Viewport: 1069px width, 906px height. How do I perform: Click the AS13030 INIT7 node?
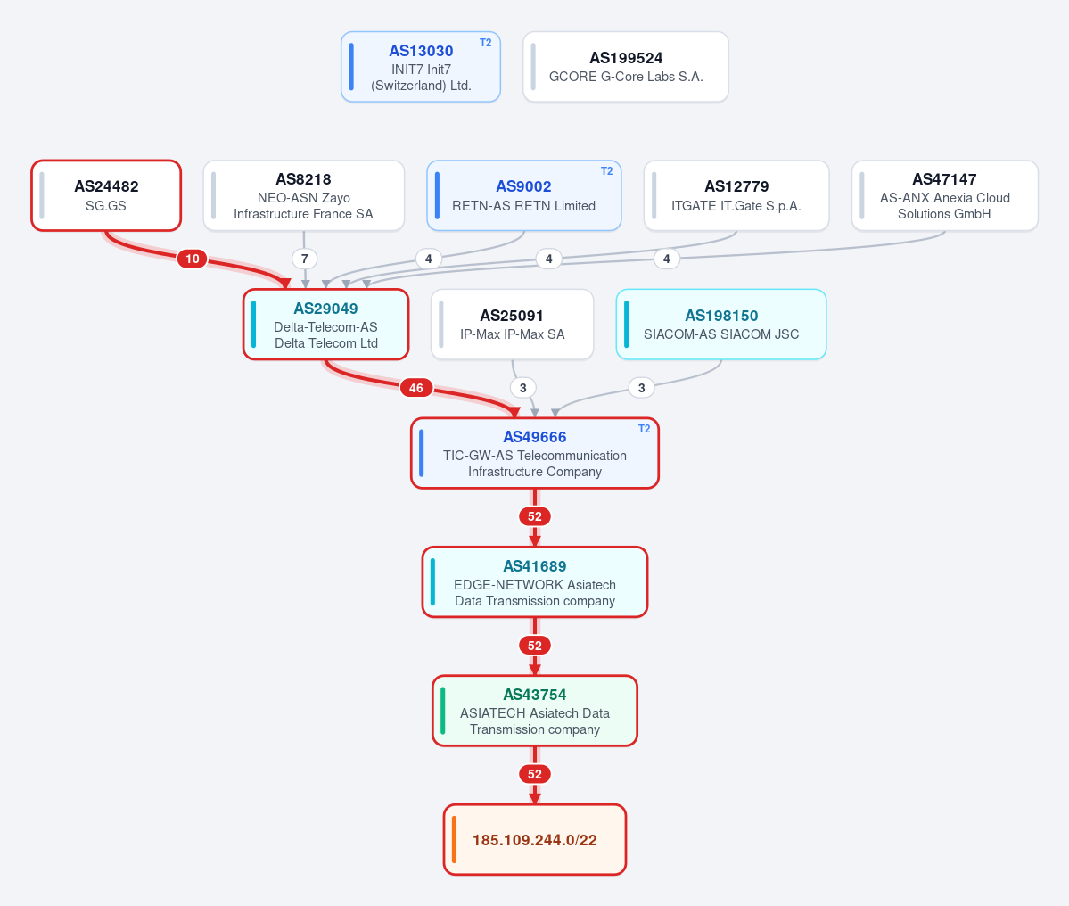coord(421,67)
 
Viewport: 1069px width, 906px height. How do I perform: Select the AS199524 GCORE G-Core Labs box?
coord(626,67)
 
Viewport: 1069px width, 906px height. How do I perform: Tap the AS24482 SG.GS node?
coord(106,195)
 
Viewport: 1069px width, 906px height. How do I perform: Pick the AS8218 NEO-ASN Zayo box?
coord(304,195)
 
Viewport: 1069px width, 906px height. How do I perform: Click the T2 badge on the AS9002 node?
coord(607,171)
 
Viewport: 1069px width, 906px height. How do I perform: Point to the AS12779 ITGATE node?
coord(736,195)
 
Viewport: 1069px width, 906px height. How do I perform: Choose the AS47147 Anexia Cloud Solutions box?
coord(945,195)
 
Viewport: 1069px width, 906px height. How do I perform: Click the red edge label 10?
coord(193,259)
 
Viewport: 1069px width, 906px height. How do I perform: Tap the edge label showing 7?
coord(305,259)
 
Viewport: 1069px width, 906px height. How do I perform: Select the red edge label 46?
coord(415,388)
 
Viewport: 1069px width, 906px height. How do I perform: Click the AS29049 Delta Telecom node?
coord(326,325)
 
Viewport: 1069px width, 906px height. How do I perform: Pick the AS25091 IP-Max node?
coord(512,325)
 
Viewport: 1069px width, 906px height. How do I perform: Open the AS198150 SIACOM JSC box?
coord(721,325)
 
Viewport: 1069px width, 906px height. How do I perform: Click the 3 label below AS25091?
coord(523,388)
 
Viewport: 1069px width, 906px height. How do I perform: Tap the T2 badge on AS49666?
coord(645,429)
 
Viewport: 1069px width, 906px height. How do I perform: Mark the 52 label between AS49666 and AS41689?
coord(535,516)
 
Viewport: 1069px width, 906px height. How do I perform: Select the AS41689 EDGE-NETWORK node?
coord(535,582)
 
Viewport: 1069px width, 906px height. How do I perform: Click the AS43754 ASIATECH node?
coord(535,711)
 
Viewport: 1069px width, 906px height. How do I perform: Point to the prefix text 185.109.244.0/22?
coord(535,840)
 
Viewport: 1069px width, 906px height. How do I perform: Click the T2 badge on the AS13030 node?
coord(485,43)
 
